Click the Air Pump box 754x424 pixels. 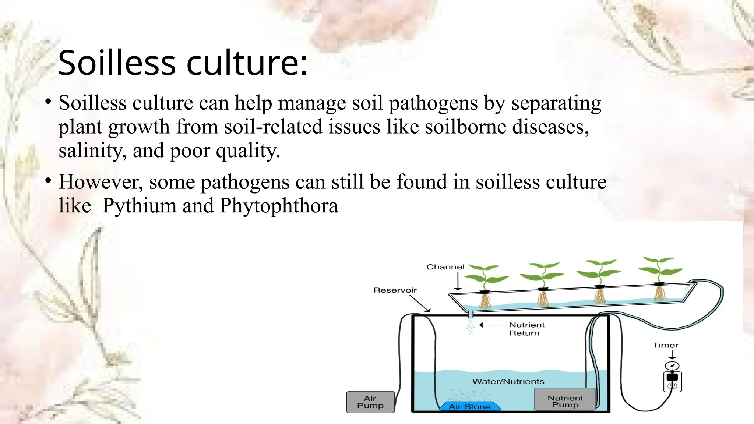(370, 402)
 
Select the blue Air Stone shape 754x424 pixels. (470, 406)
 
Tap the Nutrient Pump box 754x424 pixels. (565, 400)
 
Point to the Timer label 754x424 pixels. (665, 345)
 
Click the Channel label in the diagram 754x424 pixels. (445, 267)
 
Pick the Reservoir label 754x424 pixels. (395, 290)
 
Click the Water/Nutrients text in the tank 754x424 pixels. (508, 381)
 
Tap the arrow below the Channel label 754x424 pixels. (458, 282)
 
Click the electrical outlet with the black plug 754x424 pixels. (672, 381)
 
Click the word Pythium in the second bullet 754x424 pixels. (139, 205)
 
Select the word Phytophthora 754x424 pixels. (279, 205)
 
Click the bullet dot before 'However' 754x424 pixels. (48, 181)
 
